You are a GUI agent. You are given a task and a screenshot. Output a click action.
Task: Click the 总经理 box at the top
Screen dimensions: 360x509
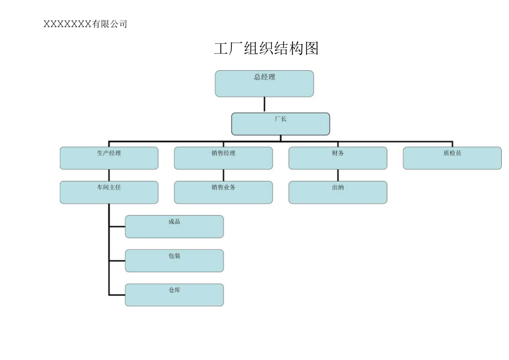point(264,84)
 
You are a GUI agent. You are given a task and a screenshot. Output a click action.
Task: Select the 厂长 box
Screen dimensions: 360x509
point(281,124)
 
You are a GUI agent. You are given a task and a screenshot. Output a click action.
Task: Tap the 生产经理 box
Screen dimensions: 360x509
point(109,158)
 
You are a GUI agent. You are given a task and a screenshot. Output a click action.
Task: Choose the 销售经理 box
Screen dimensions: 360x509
point(224,158)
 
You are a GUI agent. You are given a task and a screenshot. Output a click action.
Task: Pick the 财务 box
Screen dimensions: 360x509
point(338,158)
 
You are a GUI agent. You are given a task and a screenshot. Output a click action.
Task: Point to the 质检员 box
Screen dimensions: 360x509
point(452,158)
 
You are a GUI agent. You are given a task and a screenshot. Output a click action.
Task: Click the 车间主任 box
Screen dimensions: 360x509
point(109,192)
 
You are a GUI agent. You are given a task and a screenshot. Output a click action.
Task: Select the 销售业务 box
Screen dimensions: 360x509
point(224,192)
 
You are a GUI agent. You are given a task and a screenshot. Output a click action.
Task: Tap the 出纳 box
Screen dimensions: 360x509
point(338,192)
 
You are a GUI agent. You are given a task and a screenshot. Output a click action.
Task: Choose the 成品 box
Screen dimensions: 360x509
point(174,226)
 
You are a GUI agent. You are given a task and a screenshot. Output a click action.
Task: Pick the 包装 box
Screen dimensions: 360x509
point(174,260)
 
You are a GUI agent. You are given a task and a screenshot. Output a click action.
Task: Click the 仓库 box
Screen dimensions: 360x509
point(174,295)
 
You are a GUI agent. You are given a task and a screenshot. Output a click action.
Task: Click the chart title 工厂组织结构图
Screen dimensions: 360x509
point(266,49)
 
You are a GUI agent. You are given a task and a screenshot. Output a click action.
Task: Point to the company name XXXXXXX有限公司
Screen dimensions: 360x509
point(85,24)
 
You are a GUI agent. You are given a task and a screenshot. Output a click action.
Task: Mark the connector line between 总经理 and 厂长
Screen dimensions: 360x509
point(264,105)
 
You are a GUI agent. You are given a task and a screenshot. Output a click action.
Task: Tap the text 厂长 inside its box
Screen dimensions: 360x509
point(281,119)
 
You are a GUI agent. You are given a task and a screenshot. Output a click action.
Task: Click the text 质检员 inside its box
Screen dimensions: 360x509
point(452,153)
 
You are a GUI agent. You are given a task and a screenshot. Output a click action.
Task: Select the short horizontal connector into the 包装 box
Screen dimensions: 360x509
point(117,260)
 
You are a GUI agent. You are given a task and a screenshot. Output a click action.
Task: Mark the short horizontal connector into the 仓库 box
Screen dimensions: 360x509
point(117,295)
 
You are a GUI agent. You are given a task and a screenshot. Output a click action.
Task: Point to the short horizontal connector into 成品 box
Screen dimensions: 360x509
point(117,226)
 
